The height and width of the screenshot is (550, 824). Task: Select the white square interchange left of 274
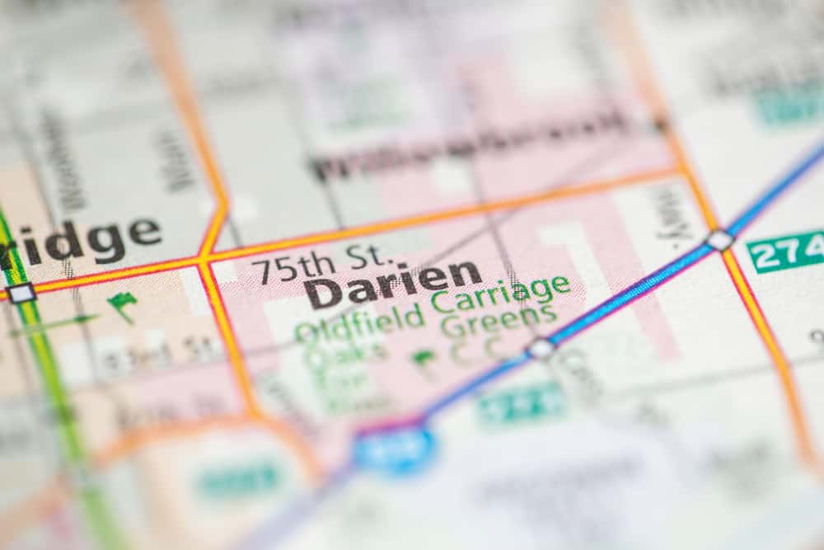coord(719,240)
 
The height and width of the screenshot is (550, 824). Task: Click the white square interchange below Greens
coord(541,348)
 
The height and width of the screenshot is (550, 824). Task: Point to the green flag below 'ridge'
coord(123,305)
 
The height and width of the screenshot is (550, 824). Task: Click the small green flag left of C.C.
coord(424,360)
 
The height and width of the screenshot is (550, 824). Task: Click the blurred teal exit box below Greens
coord(521,405)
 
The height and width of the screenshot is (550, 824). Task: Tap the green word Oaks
coord(346,355)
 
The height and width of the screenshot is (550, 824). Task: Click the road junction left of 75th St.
coord(202,261)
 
